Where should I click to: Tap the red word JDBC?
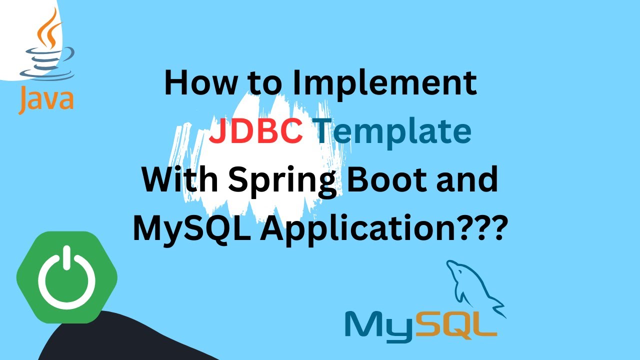255,131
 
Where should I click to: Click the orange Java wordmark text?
46,99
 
